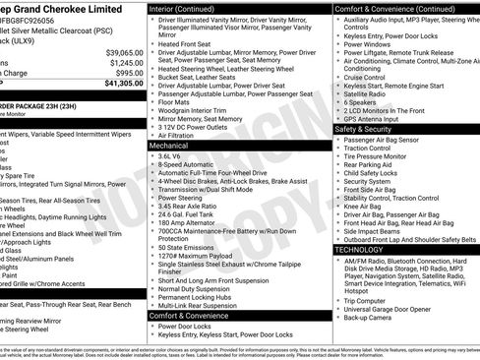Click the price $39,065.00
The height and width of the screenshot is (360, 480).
tap(124, 52)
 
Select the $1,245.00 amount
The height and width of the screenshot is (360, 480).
tap(126, 62)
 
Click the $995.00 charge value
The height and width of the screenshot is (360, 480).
tap(129, 73)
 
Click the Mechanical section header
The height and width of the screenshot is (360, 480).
tap(169, 145)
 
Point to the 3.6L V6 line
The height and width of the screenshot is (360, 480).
tap(172, 155)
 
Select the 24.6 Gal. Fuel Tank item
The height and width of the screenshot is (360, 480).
tap(187, 213)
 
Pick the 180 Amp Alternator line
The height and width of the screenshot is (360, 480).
tap(188, 222)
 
